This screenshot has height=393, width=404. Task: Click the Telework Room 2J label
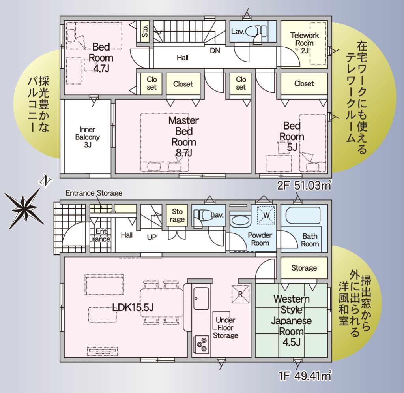(x=305, y=43)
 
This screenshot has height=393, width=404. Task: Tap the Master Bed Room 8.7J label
(x=184, y=137)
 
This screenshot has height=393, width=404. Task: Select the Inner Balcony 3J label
(x=88, y=137)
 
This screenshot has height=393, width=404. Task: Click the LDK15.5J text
(x=133, y=307)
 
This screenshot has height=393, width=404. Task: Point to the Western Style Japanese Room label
(x=292, y=320)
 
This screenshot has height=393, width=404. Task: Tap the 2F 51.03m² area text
(x=304, y=185)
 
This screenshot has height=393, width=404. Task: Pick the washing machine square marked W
(x=266, y=215)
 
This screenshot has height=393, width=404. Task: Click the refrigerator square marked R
(x=241, y=294)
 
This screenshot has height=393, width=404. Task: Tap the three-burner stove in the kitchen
(x=201, y=344)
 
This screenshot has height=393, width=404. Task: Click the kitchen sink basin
(x=201, y=298)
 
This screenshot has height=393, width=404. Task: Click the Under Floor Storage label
(x=225, y=327)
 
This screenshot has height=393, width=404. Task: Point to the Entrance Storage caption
(x=94, y=193)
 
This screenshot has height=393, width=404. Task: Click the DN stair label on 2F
(x=215, y=51)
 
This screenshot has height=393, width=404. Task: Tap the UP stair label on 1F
(x=152, y=237)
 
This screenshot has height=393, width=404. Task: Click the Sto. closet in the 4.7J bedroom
(x=145, y=31)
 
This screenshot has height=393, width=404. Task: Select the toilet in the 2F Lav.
(x=255, y=32)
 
